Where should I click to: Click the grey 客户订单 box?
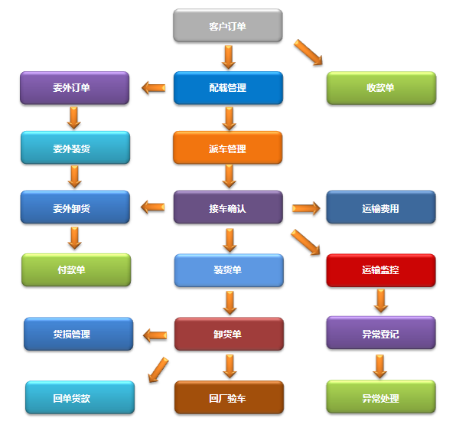[x=227, y=26]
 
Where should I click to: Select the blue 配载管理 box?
[x=227, y=87]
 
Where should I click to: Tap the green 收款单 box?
[x=380, y=87]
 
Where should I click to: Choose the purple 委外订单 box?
[x=74, y=87]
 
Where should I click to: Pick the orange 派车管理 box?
[x=227, y=148]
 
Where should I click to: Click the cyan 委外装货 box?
[x=74, y=148]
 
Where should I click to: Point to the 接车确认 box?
[x=227, y=207]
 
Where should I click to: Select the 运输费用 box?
[x=380, y=207]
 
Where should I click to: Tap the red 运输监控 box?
[x=380, y=269]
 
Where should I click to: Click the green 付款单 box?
[x=74, y=269]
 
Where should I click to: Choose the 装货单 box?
[x=227, y=269]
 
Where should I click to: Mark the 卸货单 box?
[x=227, y=334]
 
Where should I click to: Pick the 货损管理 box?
[x=74, y=334]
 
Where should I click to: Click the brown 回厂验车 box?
[x=227, y=397]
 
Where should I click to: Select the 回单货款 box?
[x=74, y=397]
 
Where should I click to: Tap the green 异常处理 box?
[x=380, y=397]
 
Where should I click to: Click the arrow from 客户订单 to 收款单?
[x=308, y=53]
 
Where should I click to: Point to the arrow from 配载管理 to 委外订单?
[x=154, y=88]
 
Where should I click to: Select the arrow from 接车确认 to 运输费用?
[x=305, y=208]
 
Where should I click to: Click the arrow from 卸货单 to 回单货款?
[x=158, y=368]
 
